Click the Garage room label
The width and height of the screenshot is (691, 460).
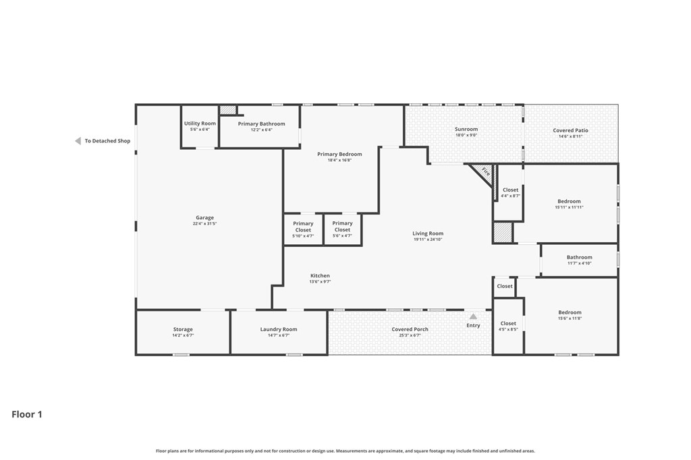pos(205,218)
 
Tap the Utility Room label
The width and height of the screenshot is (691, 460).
pos(200,123)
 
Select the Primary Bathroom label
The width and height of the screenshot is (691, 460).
pos(261,124)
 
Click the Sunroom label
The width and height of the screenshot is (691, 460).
pos(466,130)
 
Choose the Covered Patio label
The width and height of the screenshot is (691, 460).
pos(570,131)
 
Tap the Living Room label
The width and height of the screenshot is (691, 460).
pos(428,234)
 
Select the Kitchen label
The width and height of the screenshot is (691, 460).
pos(320,276)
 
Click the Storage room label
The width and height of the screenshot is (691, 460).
pos(183,330)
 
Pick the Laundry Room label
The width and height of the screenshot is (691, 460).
pos(279,330)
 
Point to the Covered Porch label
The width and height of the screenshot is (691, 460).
pos(410,330)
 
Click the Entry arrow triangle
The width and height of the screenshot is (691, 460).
pos(473,316)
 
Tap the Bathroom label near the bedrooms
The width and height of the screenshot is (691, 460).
pos(579,258)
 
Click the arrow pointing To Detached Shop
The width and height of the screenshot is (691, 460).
pos(78,141)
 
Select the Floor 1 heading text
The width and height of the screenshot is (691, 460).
pos(27,414)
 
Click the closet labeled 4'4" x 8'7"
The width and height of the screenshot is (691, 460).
pos(511,193)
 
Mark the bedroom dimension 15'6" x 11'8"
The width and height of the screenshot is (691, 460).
pos(570,318)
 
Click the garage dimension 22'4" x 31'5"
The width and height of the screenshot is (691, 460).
pos(205,224)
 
